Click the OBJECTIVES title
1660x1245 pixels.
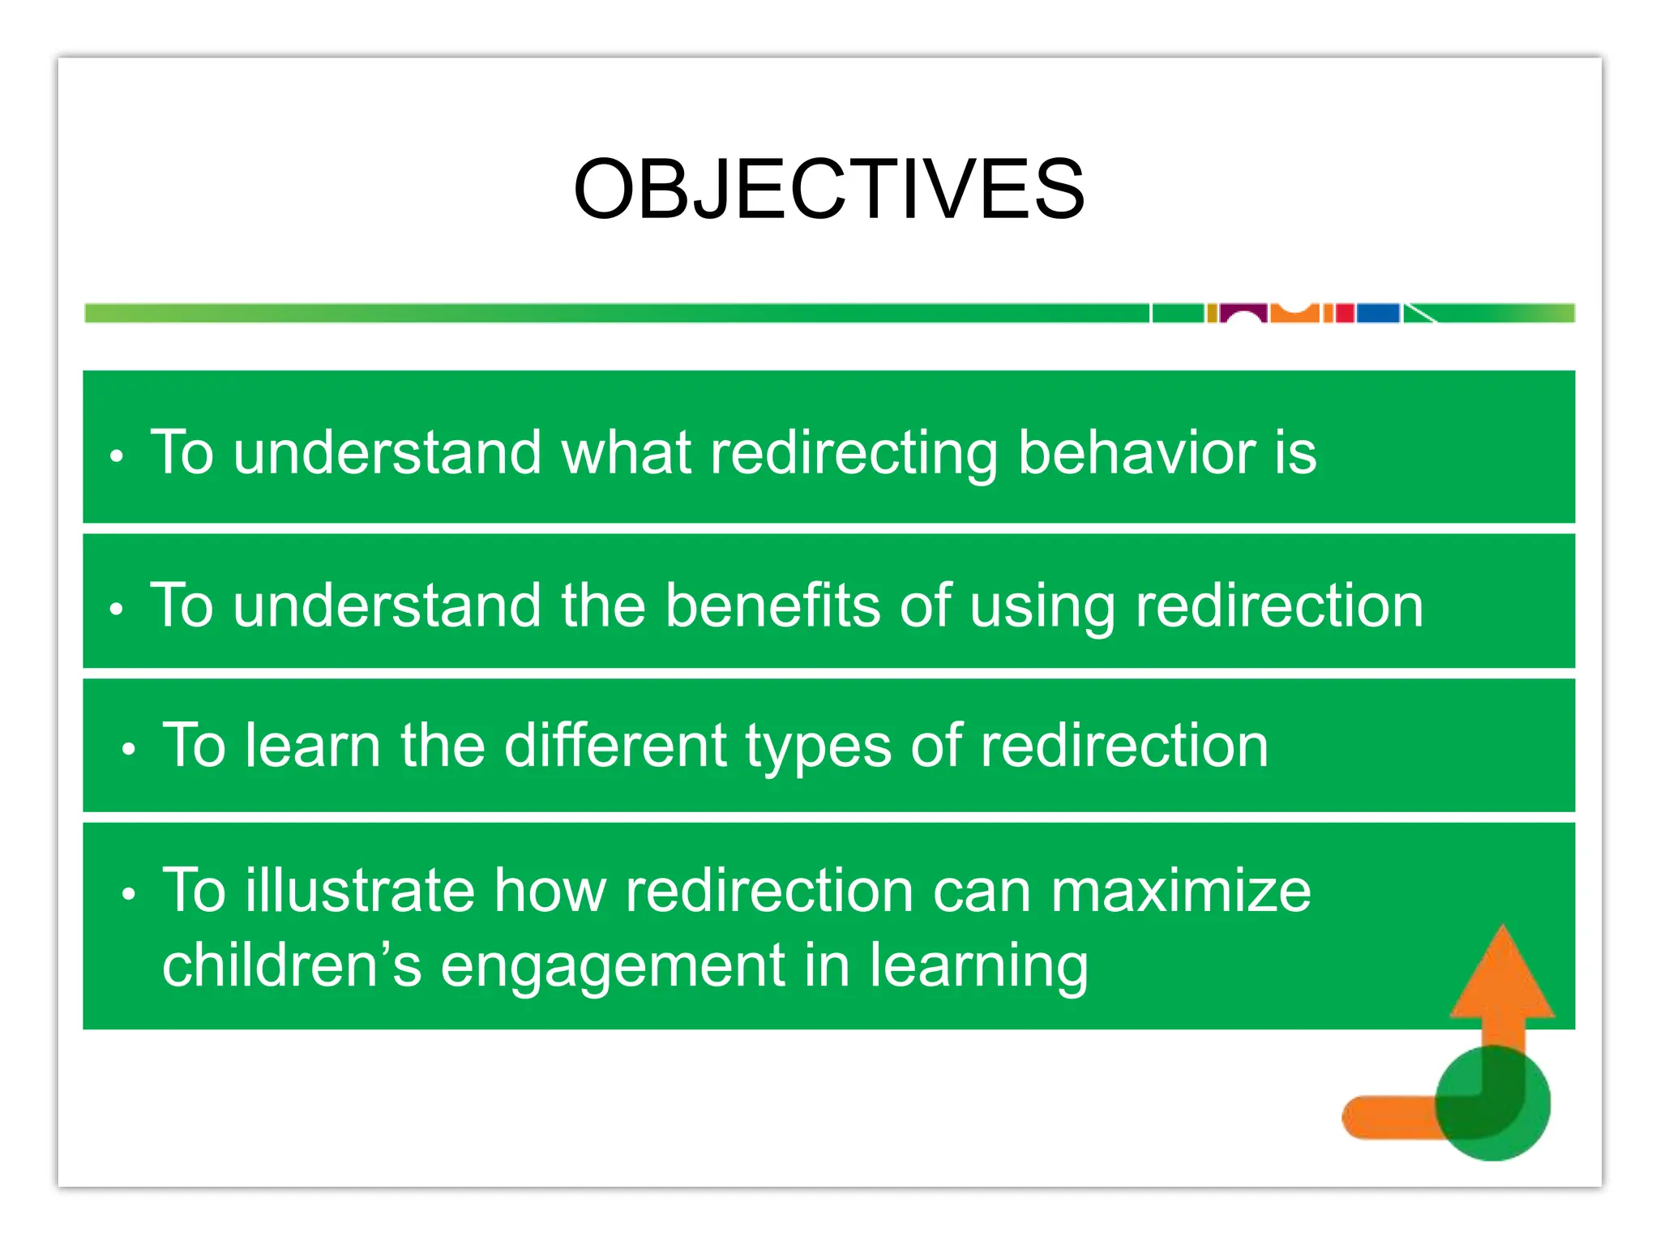pyautogui.click(x=828, y=189)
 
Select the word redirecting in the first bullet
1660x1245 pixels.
pyautogui.click(x=854, y=454)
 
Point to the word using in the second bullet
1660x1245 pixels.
pyautogui.click(x=1042, y=608)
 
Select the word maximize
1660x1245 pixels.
pyautogui.click(x=1181, y=890)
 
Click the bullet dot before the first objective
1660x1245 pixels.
pyautogui.click(x=117, y=456)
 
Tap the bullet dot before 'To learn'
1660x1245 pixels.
pyautogui.click(x=129, y=750)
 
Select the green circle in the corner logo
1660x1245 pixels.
pyautogui.click(x=1494, y=1104)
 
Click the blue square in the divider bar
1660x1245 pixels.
pyautogui.click(x=1378, y=313)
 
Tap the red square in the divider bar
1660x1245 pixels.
pyautogui.click(x=1345, y=313)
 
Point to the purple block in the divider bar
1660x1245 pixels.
pyautogui.click(x=1243, y=312)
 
